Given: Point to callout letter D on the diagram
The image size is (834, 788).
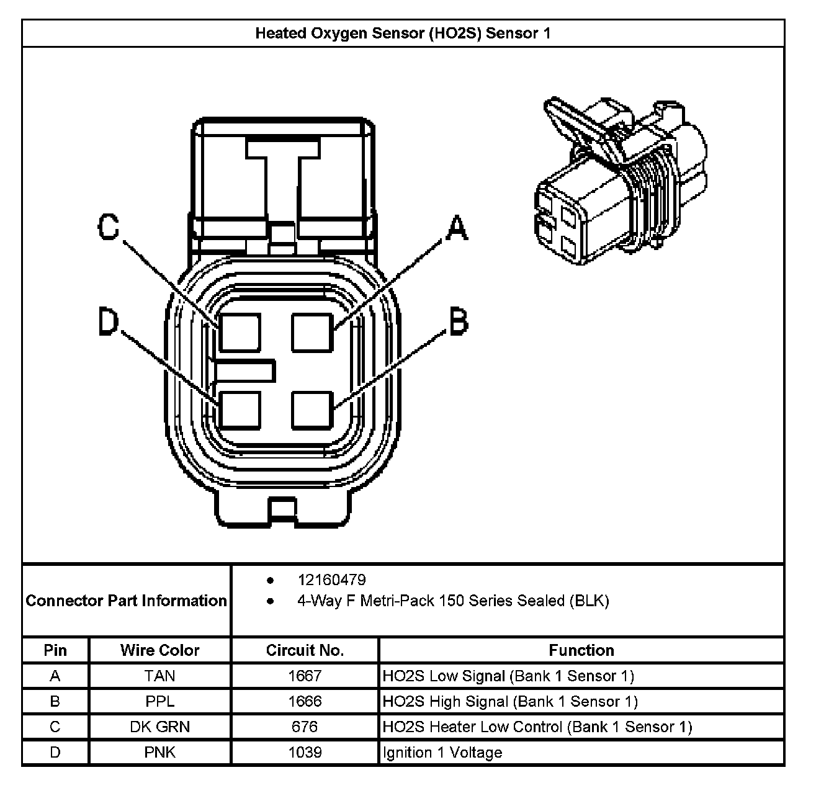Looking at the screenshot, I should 108,323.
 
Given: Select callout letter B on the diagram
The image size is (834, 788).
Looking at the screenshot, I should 458,323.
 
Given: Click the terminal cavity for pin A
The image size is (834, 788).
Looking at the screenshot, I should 313,333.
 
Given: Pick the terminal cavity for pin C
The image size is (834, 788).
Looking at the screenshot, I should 240,333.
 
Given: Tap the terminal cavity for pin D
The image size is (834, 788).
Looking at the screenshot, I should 240,410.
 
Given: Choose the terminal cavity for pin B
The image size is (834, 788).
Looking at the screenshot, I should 313,410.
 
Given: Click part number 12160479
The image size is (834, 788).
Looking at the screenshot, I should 332,580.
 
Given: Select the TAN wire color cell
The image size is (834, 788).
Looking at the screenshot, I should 159,676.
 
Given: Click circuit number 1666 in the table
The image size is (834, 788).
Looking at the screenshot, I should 305,701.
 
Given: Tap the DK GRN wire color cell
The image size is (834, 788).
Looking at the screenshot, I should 159,727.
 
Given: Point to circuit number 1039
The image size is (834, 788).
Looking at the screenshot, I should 305,753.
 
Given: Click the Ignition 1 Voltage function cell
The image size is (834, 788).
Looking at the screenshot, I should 442,753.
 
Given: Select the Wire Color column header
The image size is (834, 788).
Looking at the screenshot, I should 159,650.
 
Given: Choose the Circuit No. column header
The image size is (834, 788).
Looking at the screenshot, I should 305,650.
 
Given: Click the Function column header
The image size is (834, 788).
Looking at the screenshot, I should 581,650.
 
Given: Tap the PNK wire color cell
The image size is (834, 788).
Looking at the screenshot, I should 159,753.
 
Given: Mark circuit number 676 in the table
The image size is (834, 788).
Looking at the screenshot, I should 305,727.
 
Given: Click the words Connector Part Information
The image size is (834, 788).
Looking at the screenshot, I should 127,601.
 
